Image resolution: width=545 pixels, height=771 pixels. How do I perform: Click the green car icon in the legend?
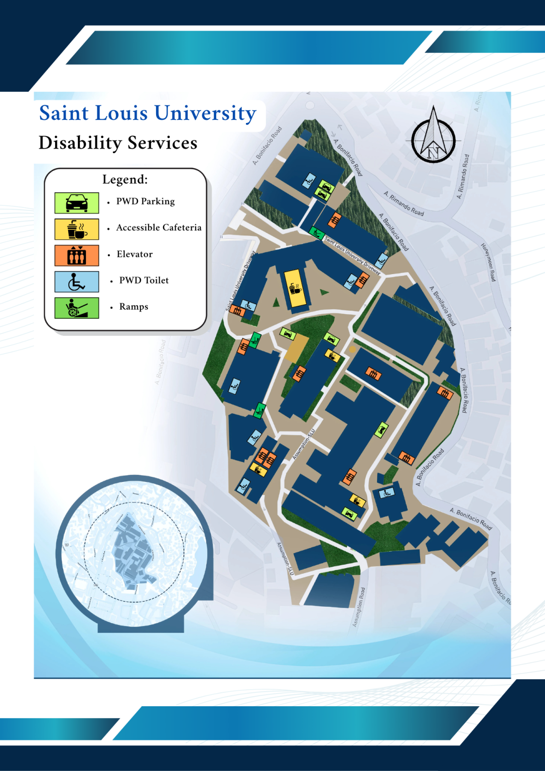coord(77,203)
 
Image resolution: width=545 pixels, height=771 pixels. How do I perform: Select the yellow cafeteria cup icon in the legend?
coord(77,229)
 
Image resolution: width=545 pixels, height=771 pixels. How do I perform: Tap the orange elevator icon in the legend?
coord(77,255)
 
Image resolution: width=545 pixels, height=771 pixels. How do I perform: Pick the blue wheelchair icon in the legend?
coord(77,282)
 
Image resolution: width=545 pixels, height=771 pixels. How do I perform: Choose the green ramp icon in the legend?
coord(77,308)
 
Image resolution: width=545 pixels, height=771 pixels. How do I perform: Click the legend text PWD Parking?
coord(146,201)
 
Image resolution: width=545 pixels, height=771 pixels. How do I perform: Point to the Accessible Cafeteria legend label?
coord(159,227)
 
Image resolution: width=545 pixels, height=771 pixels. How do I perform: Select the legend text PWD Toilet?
coord(144,280)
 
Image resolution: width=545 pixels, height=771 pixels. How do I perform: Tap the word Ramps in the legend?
coord(133,307)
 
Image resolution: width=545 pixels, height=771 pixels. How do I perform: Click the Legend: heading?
coord(125,179)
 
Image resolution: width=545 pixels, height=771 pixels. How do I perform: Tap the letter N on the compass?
coord(434,151)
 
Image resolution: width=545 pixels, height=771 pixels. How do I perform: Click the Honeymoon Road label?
coord(488,262)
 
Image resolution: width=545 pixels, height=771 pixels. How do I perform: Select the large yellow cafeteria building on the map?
coord(295,288)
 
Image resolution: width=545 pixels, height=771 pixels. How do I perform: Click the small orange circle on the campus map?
coord(352,349)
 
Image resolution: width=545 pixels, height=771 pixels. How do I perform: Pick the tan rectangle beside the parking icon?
coord(297,348)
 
